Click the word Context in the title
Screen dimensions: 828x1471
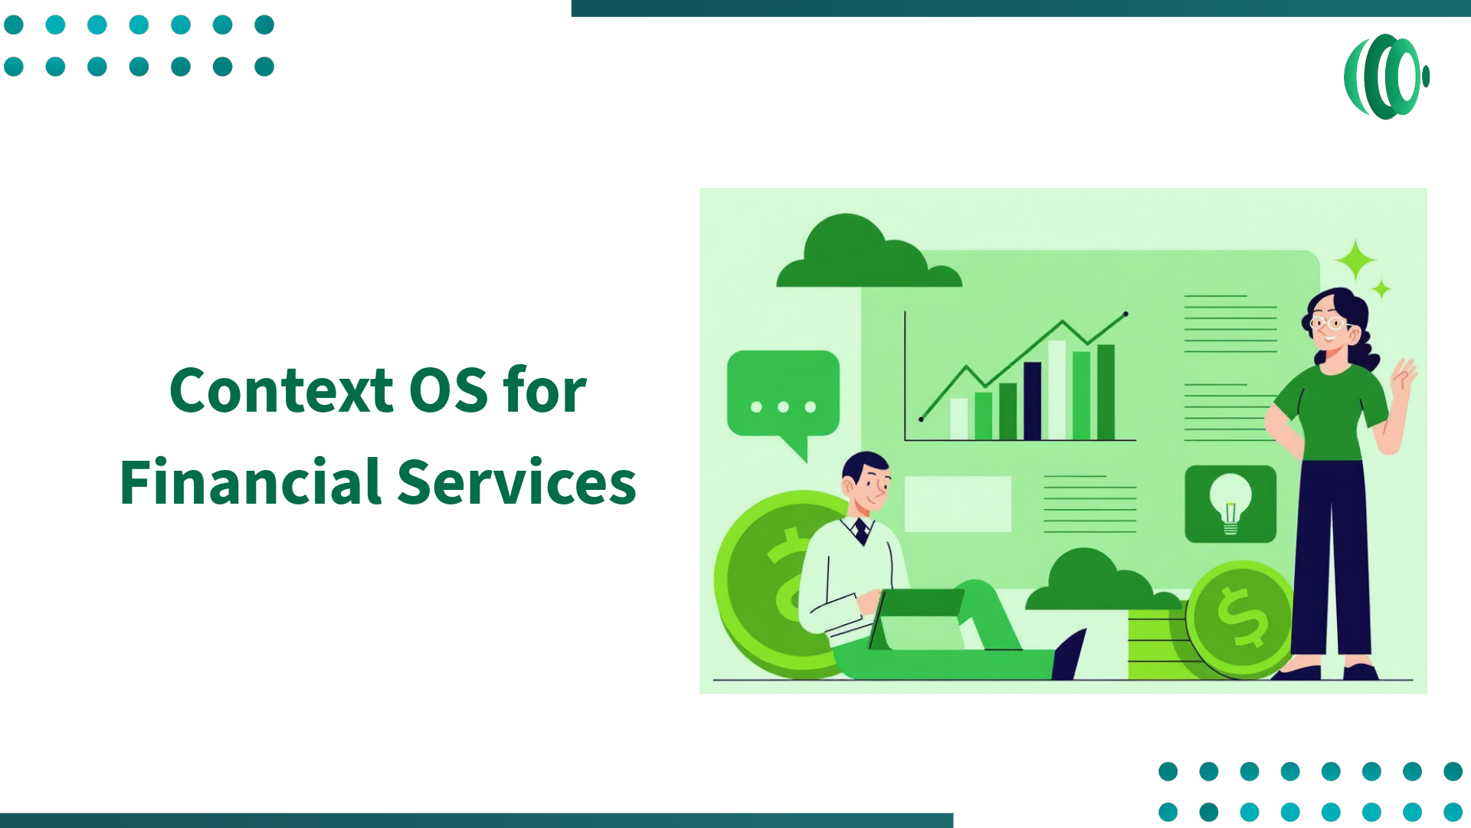(281, 390)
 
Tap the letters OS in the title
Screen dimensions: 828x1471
(448, 390)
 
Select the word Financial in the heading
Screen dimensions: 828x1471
(250, 482)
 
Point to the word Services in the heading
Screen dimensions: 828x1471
(516, 482)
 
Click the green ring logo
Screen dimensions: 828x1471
(1385, 77)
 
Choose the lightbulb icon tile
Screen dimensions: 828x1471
(1230, 504)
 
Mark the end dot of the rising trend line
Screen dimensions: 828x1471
(1125, 314)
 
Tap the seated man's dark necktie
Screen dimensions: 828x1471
(862, 531)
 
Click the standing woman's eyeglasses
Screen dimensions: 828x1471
(1330, 323)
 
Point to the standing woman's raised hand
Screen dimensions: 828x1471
(1404, 376)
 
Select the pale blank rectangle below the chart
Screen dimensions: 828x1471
(958, 504)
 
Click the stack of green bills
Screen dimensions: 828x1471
(1157, 644)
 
